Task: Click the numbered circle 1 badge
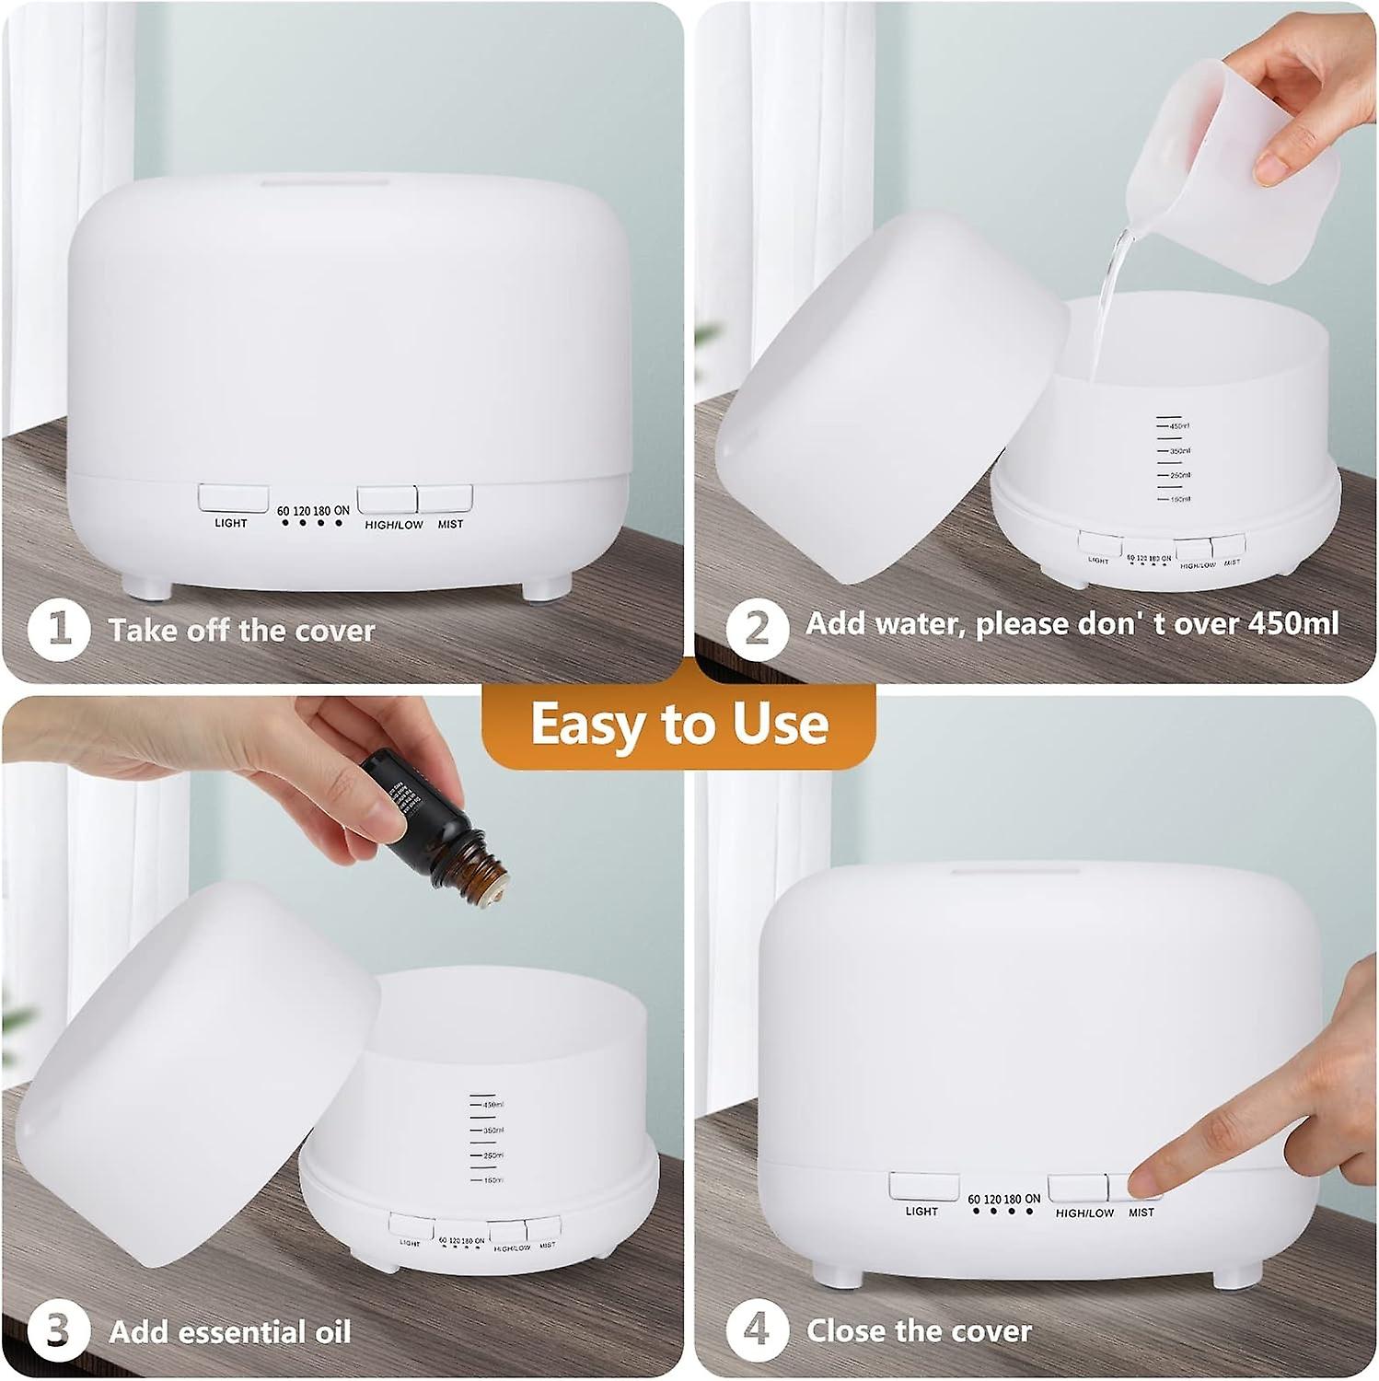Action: [x=59, y=630]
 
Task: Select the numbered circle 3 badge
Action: [x=58, y=1331]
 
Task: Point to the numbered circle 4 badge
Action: [x=756, y=1330]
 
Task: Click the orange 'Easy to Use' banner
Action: [x=679, y=724]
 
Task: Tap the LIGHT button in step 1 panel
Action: [x=233, y=499]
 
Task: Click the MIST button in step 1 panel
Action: [x=446, y=499]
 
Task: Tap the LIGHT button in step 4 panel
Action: [x=923, y=1187]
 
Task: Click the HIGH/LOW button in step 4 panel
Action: [x=1077, y=1188]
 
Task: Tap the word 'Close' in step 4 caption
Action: [x=846, y=1331]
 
